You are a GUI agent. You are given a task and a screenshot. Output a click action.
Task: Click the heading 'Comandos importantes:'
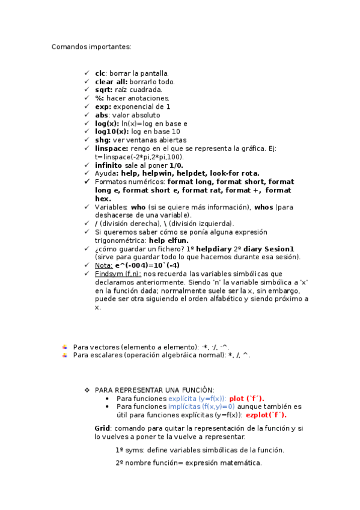pyautogui.click(x=91, y=46)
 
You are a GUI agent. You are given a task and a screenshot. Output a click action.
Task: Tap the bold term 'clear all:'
pyautogui.click(x=111, y=81)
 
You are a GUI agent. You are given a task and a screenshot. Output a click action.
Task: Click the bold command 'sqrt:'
pyautogui.click(x=104, y=90)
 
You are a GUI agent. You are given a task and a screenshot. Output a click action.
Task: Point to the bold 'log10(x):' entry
pyautogui.click(x=112, y=131)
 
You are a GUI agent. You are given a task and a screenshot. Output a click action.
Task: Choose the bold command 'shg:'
pyautogui.click(x=103, y=140)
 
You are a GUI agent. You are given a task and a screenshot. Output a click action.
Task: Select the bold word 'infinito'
pyautogui.click(x=108, y=165)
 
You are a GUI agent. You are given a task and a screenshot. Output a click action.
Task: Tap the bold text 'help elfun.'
pyautogui.click(x=172, y=240)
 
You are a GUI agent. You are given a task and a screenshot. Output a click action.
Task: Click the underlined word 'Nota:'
pyautogui.click(x=104, y=265)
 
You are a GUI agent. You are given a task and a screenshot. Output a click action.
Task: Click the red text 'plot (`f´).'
pyautogui.click(x=246, y=398)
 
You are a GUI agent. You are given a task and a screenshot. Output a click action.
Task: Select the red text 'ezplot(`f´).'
pyautogui.click(x=266, y=415)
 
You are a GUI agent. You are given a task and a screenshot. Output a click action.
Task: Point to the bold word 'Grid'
pyautogui.click(x=102, y=428)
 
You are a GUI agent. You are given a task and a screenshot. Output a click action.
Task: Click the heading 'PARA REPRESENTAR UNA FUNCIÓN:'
pyautogui.click(x=154, y=390)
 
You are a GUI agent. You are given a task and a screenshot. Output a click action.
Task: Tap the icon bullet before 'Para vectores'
pyautogui.click(x=64, y=346)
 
